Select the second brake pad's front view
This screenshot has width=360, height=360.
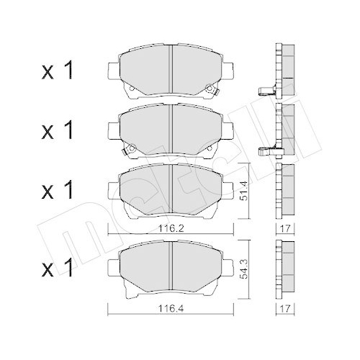pos(170,128)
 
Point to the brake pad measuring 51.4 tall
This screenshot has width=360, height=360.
pos(170,189)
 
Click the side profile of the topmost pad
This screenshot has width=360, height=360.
pos(284,69)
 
